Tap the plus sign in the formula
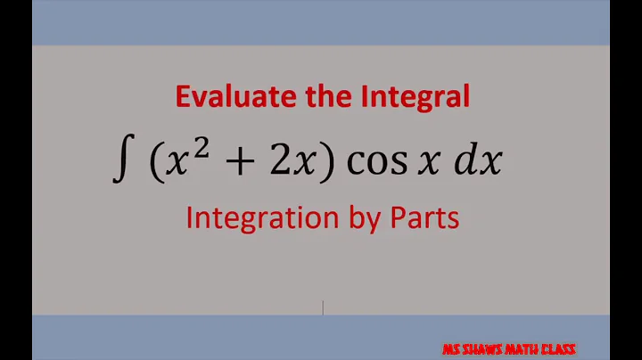pyautogui.click(x=235, y=162)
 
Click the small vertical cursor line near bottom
pyautogui.click(x=323, y=307)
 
